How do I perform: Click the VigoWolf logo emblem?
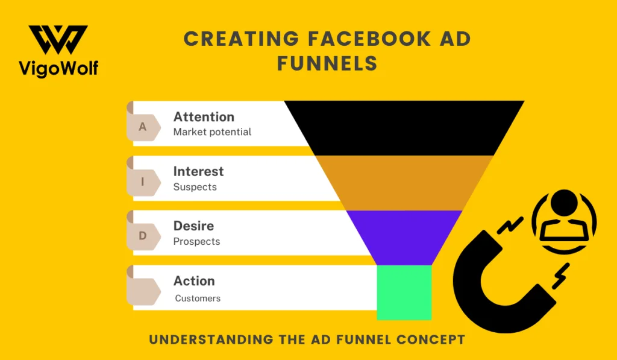pyautogui.click(x=58, y=40)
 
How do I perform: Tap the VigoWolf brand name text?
pyautogui.click(x=58, y=68)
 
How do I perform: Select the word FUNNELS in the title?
pyautogui.click(x=327, y=63)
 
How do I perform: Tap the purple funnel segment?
pyautogui.click(x=404, y=235)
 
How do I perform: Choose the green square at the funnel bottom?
pyautogui.click(x=404, y=292)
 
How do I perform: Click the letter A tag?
pyautogui.click(x=143, y=127)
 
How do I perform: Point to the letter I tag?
pyautogui.click(x=143, y=182)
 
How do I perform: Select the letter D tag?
pyautogui.click(x=143, y=236)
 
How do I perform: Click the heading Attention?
pyautogui.click(x=204, y=117)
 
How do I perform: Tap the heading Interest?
pyautogui.click(x=198, y=171)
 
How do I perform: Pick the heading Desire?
pyautogui.click(x=193, y=226)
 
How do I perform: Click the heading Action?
pyautogui.click(x=194, y=281)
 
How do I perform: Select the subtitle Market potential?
pyautogui.click(x=212, y=132)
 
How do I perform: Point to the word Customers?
pyautogui.click(x=198, y=298)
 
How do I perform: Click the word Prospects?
pyautogui.click(x=196, y=242)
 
